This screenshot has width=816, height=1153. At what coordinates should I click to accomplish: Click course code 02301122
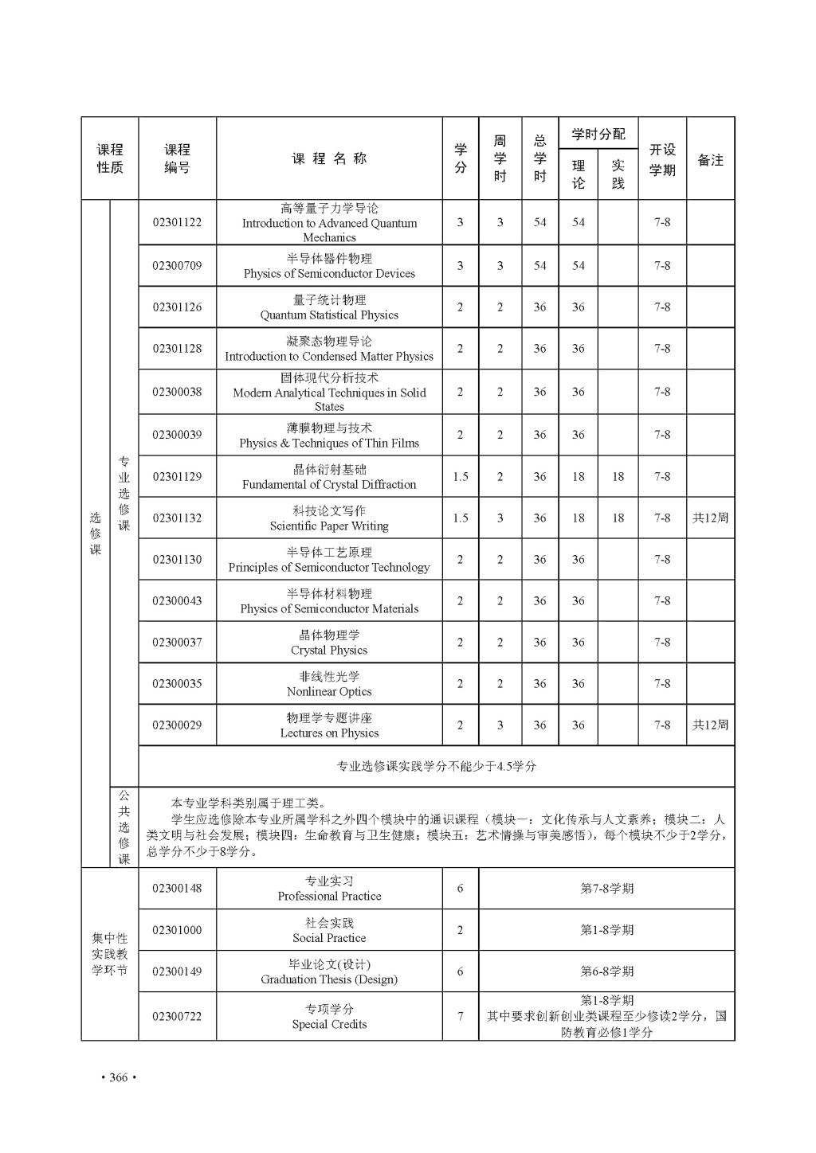click(x=177, y=222)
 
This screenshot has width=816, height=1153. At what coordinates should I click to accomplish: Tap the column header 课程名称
click(x=329, y=158)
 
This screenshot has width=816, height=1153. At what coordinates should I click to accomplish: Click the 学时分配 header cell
click(x=598, y=134)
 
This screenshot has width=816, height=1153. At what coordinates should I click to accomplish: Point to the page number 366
click(x=119, y=1077)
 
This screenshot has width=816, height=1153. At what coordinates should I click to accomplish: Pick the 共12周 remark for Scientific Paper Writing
click(x=710, y=518)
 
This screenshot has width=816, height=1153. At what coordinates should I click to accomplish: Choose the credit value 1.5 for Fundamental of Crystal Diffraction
click(x=460, y=476)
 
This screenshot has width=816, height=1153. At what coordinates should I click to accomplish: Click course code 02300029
click(x=177, y=725)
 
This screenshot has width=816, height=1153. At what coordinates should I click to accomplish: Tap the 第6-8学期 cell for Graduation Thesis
click(x=606, y=971)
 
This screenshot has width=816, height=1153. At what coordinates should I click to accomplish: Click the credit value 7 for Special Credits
click(x=460, y=1016)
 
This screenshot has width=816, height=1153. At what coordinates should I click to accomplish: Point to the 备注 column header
click(x=710, y=159)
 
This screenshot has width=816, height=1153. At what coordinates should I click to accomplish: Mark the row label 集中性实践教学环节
click(x=110, y=954)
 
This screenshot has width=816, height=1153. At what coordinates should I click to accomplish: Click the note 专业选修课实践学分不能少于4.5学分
click(x=436, y=766)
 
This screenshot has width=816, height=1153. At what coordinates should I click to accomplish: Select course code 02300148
click(x=177, y=888)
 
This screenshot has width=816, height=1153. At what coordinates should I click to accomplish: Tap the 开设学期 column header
click(x=662, y=159)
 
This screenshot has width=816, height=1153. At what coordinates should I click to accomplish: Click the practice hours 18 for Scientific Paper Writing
click(x=618, y=518)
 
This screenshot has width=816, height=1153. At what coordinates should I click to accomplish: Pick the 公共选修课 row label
click(x=124, y=827)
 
